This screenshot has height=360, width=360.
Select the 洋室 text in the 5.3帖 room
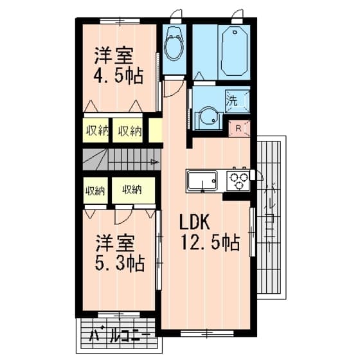coord(116,244)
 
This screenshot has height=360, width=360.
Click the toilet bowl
coord(174,46)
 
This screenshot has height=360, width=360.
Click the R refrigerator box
coord(238,127)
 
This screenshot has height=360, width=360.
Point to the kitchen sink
coord(203,181)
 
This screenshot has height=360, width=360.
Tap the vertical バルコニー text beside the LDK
coord(270,219)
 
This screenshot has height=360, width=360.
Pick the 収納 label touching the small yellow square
coord(129,131)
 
